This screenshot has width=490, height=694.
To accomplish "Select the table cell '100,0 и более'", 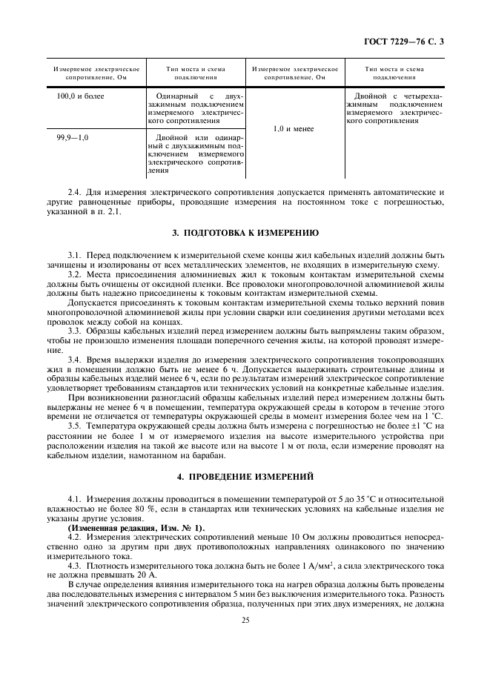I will coord(81,96).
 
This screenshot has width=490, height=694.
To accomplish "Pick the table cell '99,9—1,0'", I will coord(73,138).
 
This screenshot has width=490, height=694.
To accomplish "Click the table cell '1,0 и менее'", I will coord(294,129).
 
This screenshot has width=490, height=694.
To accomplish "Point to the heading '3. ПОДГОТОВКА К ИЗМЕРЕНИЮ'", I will coord(245,233).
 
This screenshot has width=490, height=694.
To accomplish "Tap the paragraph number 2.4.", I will coord(74,191).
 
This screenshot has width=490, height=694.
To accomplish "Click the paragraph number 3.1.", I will coord(74,254).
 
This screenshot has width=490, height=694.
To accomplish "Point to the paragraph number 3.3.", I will coord(74,329).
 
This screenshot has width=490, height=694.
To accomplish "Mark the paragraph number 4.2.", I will coord(74,535).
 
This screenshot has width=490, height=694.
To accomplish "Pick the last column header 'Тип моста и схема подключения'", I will coord(394,73).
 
